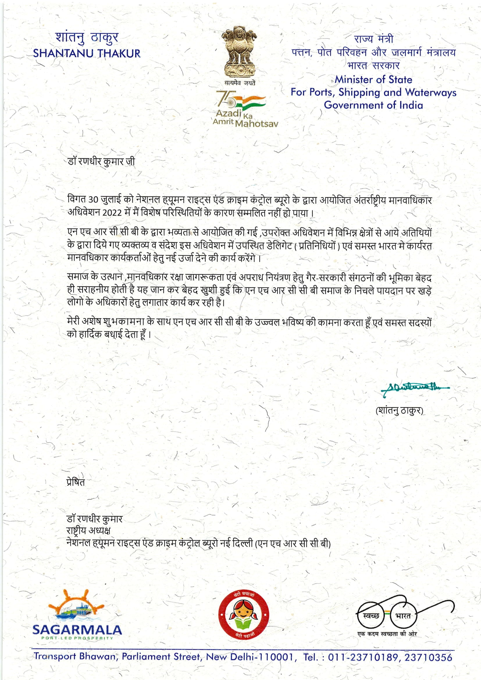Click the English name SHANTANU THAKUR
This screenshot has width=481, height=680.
point(87,53)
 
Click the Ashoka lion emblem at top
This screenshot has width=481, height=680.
point(240,50)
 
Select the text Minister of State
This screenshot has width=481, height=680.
point(373,79)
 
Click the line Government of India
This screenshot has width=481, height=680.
point(373,105)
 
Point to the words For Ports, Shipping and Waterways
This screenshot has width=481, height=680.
point(373,92)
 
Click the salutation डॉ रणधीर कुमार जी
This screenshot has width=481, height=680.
point(101,162)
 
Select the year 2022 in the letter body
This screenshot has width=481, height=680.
point(113,213)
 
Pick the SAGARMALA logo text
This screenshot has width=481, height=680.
point(77,630)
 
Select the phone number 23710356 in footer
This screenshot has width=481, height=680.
point(428,657)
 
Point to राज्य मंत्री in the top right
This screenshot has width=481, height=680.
point(373,39)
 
